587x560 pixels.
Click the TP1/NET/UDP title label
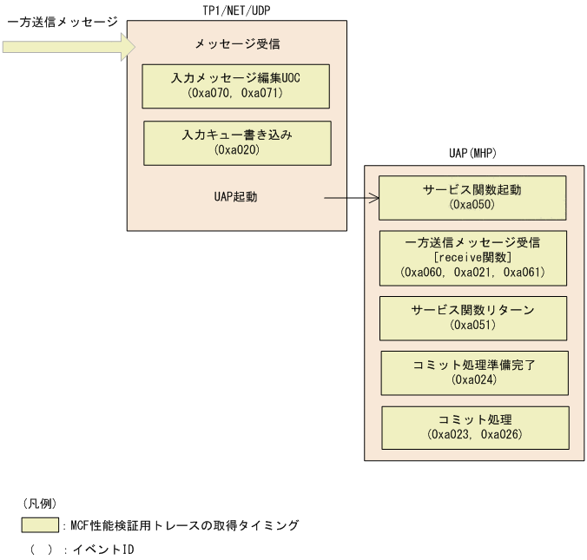[x=237, y=10]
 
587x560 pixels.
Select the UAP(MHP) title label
[x=472, y=153]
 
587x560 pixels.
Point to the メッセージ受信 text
[x=237, y=43]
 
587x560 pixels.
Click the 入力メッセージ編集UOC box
[x=236, y=84]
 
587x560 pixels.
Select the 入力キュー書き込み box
[x=237, y=142]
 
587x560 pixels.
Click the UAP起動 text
[x=235, y=197]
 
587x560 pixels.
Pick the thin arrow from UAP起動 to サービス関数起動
[x=352, y=198]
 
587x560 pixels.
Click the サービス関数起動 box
[x=472, y=197]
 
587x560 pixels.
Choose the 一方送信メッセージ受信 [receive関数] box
[x=472, y=257]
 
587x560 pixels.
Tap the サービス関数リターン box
[x=473, y=317]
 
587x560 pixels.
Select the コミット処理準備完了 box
[x=474, y=372]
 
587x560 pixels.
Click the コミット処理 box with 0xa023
[x=475, y=426]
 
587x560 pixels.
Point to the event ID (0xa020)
[x=237, y=150]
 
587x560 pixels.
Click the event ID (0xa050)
[x=472, y=206]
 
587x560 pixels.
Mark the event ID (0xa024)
[x=474, y=379]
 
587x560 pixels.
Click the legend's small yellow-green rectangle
[x=40, y=525]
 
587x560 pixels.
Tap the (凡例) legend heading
[x=40, y=503]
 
